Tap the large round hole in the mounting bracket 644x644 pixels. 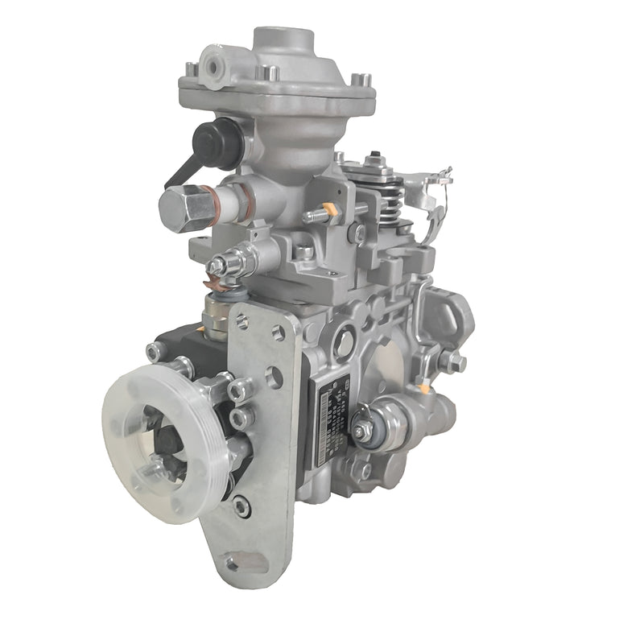pos(274,377)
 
